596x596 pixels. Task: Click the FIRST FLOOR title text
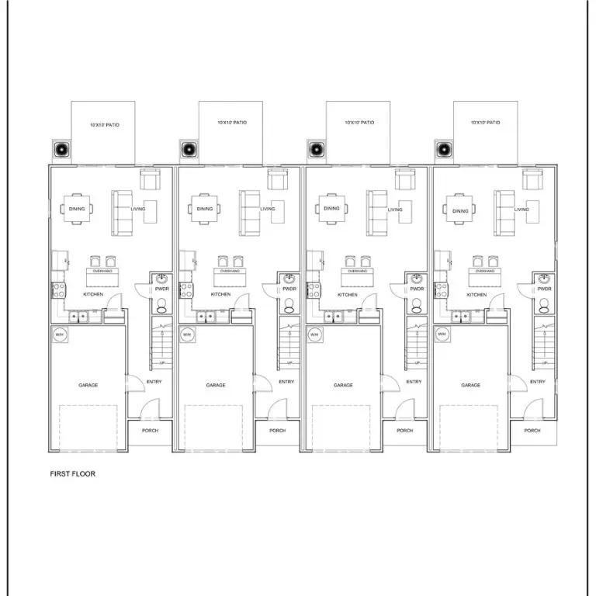click(x=73, y=473)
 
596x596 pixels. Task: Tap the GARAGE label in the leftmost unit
click(x=88, y=385)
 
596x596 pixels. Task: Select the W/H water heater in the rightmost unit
click(x=442, y=334)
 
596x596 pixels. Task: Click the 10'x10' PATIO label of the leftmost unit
click(x=104, y=123)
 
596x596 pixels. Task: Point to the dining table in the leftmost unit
click(x=78, y=209)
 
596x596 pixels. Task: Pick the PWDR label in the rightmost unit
click(x=544, y=289)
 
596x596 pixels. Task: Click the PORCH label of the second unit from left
click(x=277, y=431)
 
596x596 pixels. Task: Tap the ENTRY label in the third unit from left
click(x=414, y=382)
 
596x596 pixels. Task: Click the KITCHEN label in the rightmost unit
click(x=476, y=295)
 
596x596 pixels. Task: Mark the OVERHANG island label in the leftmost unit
click(x=102, y=272)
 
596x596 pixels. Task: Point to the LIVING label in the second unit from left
click(x=268, y=209)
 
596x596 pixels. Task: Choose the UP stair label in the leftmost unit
click(x=162, y=363)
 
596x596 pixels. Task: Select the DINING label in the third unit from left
click(x=332, y=209)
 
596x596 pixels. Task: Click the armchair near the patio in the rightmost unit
click(x=531, y=180)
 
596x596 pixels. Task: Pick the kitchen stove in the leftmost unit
click(x=57, y=290)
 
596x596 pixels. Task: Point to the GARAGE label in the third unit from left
click(x=343, y=385)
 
